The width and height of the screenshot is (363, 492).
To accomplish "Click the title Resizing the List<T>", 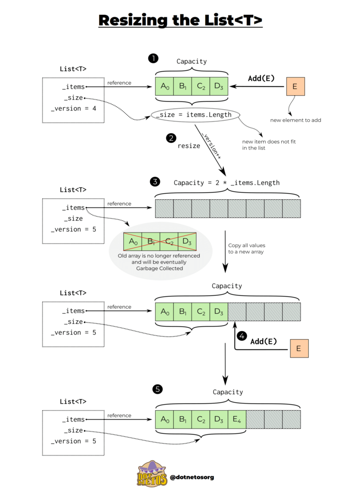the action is click(180, 20).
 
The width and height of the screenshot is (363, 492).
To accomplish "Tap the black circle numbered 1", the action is click(153, 58).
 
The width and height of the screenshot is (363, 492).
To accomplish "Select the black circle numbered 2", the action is click(171, 138).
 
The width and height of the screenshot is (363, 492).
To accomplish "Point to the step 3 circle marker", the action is click(155, 182).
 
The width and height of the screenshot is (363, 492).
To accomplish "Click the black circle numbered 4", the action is click(242, 336).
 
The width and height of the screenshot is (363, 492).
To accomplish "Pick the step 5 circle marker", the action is click(157, 389).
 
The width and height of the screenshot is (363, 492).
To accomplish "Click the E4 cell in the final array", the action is click(237, 419).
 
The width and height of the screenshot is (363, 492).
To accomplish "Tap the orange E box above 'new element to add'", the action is click(295, 86).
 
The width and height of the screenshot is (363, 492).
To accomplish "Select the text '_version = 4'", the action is click(73, 109).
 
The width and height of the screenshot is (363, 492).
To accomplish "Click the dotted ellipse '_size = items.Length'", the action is click(195, 115).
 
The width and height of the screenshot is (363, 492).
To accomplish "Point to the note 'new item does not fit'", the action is click(268, 142).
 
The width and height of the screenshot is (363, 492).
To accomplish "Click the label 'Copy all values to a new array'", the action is click(246, 248).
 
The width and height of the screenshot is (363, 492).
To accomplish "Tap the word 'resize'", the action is click(189, 146).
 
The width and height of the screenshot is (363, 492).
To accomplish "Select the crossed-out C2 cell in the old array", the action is click(169, 242).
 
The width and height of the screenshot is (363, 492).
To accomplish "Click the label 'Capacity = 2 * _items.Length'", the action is click(227, 183).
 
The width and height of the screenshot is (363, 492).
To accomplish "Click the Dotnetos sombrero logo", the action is click(152, 474).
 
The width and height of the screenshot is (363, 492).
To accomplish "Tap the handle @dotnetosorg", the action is click(192, 477).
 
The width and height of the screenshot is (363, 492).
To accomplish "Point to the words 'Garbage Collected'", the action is click(159, 268).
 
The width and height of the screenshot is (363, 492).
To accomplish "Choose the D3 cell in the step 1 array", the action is click(219, 86).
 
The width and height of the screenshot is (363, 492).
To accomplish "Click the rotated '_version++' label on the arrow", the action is click(211, 146).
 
